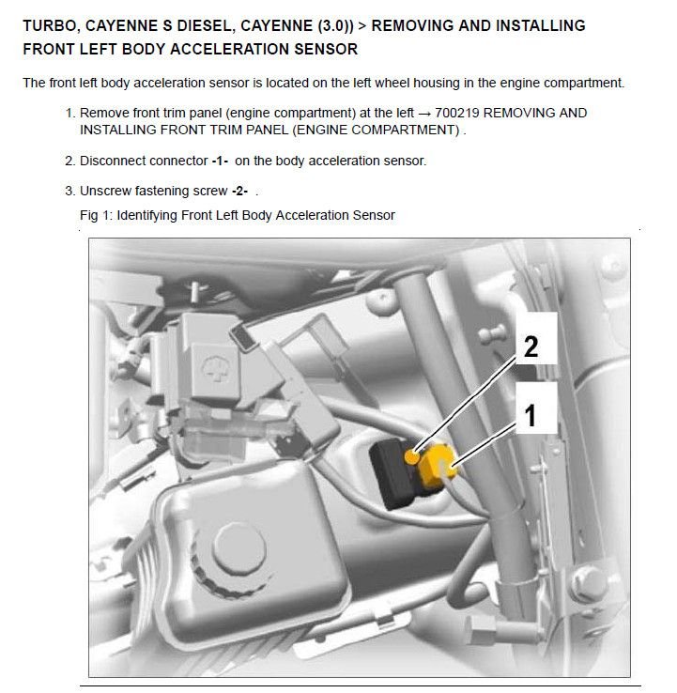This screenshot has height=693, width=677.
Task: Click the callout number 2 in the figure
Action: (531, 346)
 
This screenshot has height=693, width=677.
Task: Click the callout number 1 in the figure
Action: (531, 414)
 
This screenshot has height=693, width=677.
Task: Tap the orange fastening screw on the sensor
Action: (411, 456)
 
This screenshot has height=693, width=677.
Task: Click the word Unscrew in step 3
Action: (106, 191)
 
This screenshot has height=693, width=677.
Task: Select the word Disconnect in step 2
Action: (112, 161)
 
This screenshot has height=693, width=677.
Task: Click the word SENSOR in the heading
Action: (315, 48)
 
